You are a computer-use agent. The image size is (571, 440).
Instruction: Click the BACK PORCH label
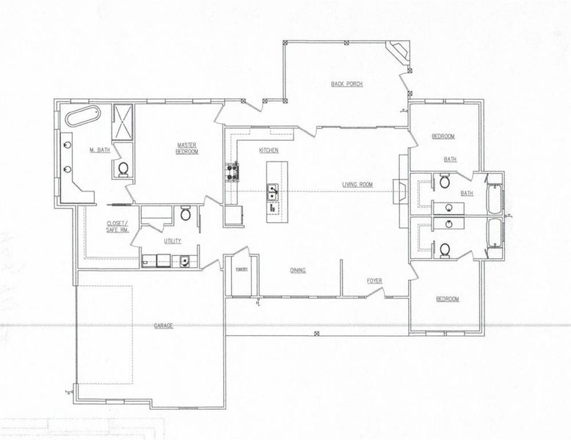(x=346, y=84)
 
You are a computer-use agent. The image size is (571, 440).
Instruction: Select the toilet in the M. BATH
(x=123, y=169)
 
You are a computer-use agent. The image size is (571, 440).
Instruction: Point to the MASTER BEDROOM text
(x=187, y=148)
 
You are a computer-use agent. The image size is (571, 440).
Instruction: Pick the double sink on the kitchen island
(x=273, y=192)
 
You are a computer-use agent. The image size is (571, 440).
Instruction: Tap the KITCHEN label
(x=269, y=150)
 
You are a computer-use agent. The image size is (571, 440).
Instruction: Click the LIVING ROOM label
(x=357, y=184)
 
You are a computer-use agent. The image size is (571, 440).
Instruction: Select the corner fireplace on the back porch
(x=399, y=53)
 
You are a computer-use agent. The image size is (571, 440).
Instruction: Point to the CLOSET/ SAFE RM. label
(x=117, y=226)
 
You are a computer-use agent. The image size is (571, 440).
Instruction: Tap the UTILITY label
(x=172, y=241)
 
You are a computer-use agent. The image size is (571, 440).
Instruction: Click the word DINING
(x=297, y=271)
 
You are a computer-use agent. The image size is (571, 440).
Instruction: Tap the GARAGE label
(x=163, y=325)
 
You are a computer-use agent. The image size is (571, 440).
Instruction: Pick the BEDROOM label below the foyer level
(x=447, y=299)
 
